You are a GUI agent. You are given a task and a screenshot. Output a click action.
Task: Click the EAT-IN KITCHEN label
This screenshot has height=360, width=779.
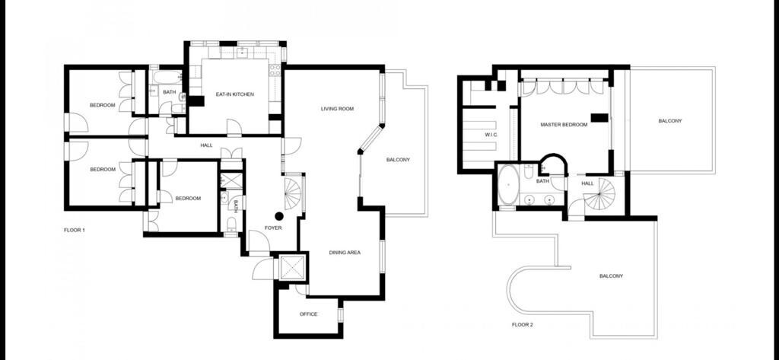point(234,94)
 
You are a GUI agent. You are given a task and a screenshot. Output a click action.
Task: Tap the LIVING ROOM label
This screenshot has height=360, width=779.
point(337,108)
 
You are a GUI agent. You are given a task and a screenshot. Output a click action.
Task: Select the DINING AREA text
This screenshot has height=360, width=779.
point(345,253)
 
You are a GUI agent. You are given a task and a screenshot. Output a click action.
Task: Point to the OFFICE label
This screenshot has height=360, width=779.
point(308,314)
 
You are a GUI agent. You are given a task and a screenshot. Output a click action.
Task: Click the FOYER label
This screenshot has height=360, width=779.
point(273,228)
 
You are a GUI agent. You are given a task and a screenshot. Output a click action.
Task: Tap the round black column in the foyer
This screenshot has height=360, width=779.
point(279,216)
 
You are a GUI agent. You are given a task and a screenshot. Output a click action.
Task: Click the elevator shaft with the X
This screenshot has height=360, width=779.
point(291,269)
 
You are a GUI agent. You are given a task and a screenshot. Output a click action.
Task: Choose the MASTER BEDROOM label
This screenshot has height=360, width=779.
point(564,125)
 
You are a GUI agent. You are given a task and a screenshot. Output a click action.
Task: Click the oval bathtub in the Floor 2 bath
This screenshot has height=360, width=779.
point(507,184)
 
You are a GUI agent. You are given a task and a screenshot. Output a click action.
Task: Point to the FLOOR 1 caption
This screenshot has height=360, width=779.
point(75,230)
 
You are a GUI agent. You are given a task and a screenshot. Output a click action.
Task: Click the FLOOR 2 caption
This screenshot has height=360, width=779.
point(522,325)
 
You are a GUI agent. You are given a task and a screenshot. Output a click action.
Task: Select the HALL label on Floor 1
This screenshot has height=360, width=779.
point(206,145)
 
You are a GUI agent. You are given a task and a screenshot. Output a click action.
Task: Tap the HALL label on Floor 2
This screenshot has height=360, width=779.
point(588,183)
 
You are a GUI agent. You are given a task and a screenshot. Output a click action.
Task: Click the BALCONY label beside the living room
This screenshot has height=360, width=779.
point(398,160)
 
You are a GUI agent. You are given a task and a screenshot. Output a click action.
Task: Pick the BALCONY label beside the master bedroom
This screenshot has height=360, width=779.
point(669,121)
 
